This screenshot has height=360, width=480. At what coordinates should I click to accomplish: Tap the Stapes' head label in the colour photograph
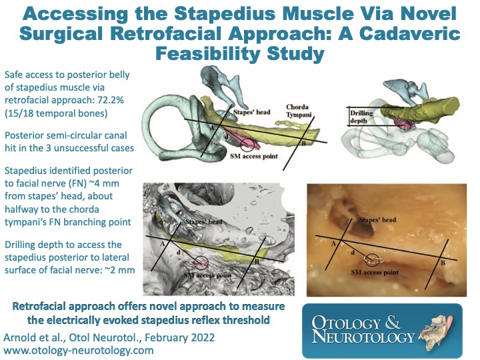pos(377,219)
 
